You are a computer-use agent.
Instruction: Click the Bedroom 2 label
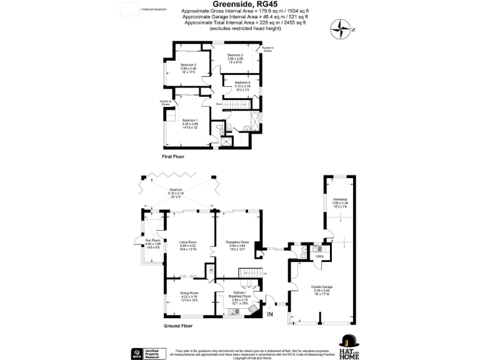189,65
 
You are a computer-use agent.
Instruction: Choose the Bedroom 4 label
242,82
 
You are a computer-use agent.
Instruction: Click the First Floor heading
173,156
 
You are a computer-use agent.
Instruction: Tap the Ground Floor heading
178,326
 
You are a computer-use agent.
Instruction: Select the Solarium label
176,191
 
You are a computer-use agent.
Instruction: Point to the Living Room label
188,242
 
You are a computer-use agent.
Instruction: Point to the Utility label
319,256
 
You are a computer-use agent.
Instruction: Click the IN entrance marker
269,316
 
